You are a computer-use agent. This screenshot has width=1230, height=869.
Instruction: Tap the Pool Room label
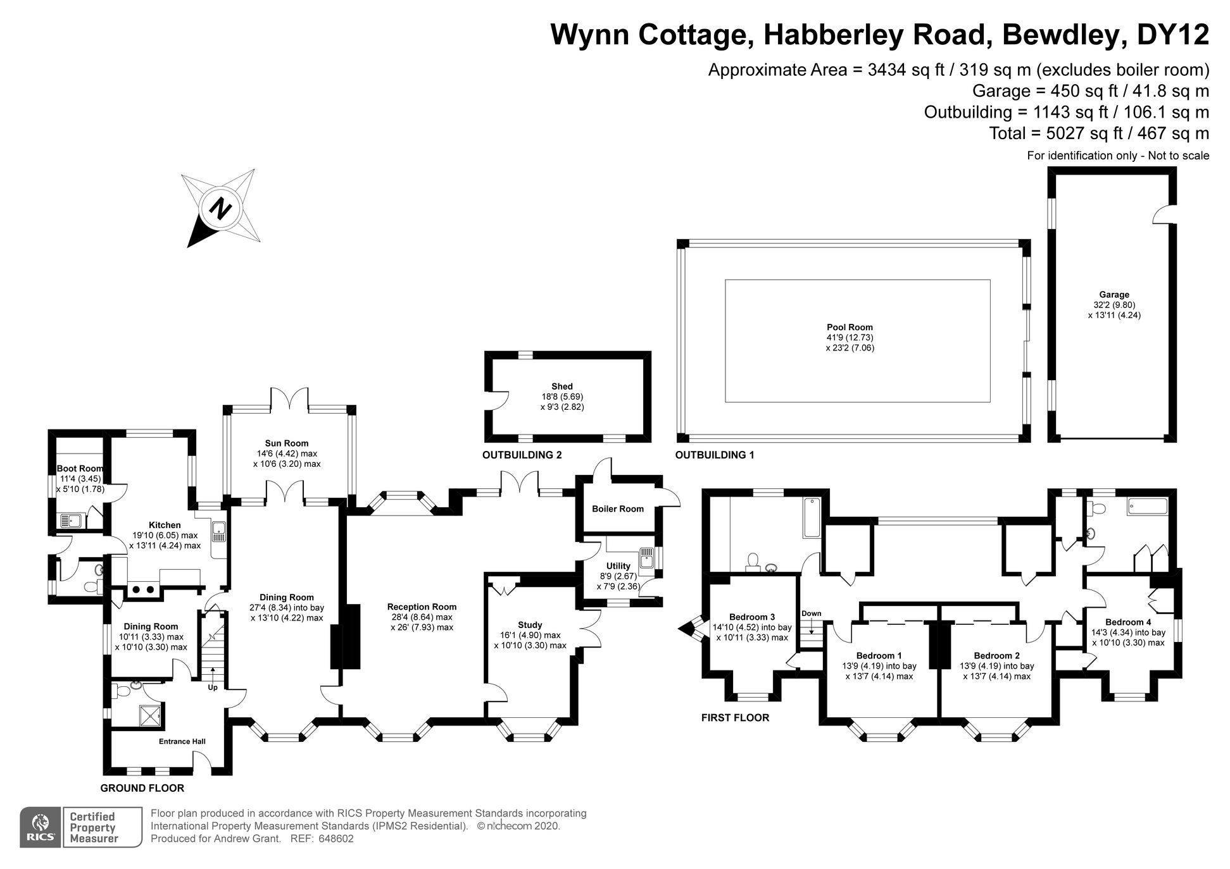coord(850,328)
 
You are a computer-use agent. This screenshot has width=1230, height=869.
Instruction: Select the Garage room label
coord(1114,295)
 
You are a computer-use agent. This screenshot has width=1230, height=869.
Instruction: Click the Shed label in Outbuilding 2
coord(562,386)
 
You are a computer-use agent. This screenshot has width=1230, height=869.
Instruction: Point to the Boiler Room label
coord(617,509)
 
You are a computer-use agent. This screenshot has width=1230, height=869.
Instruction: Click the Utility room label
coord(618,566)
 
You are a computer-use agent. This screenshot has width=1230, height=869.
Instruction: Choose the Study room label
coord(530,625)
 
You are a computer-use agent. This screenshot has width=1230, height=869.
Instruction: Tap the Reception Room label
coord(422,607)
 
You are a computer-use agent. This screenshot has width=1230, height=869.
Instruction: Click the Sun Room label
coord(287,443)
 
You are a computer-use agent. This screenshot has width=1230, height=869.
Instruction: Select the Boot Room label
coord(80,469)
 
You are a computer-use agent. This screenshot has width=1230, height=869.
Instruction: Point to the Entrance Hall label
coord(182,741)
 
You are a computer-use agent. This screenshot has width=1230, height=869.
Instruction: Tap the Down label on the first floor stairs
coord(811,613)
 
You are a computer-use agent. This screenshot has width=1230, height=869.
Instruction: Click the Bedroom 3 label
coord(751,617)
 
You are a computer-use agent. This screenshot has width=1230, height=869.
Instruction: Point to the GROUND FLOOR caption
coord(142,788)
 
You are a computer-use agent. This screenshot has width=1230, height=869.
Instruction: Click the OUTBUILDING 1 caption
coord(714,455)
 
